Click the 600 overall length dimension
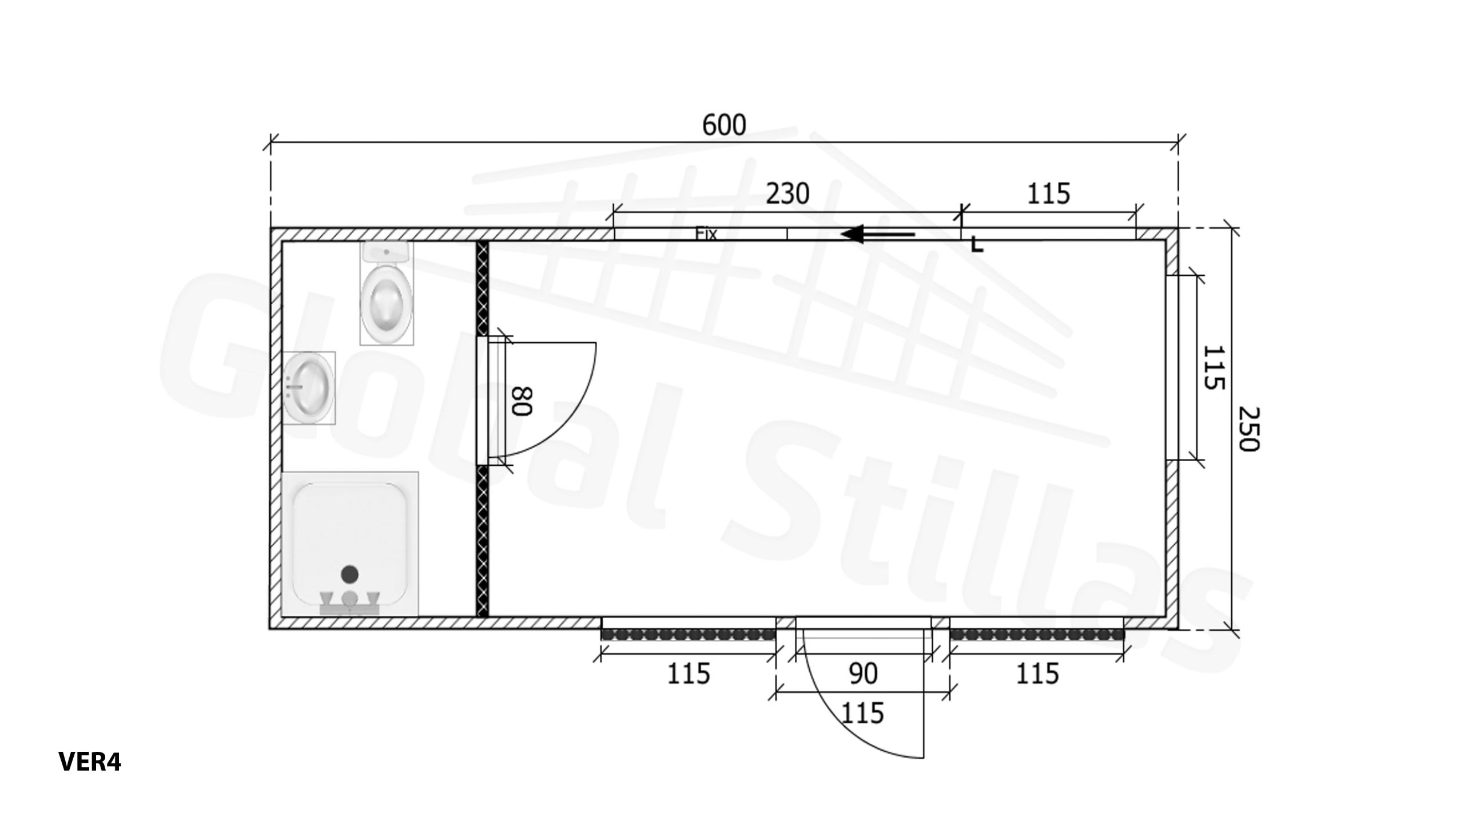pyautogui.click(x=724, y=125)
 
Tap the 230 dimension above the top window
pyautogui.click(x=787, y=194)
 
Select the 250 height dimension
pyautogui.click(x=1249, y=429)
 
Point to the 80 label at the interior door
pyautogui.click(x=522, y=401)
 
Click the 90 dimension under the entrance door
pyautogui.click(x=863, y=674)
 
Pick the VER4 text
pyautogui.click(x=90, y=762)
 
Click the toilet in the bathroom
pyautogui.click(x=387, y=293)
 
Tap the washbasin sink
pyautogui.click(x=309, y=387)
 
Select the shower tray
pyautogui.click(x=350, y=544)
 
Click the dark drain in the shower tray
pyautogui.click(x=350, y=573)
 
